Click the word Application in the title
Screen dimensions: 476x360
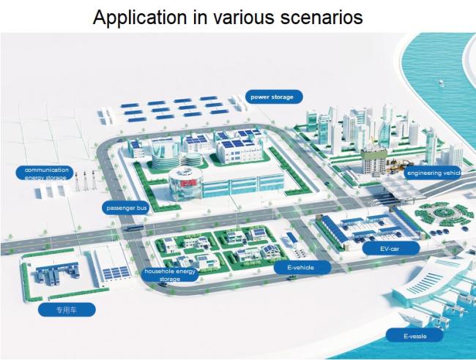click(140, 18)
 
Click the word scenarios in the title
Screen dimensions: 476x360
click(321, 18)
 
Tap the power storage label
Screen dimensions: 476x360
click(274, 97)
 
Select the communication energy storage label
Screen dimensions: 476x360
click(45, 173)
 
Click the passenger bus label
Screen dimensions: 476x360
click(126, 208)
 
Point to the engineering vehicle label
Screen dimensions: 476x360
click(432, 173)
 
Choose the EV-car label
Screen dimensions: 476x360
click(391, 248)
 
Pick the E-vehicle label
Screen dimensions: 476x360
click(302, 267)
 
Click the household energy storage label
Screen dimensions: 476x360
click(170, 274)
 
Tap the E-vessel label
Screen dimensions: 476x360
click(414, 335)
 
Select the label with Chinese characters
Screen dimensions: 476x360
click(67, 310)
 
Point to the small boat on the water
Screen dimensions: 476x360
click(441, 83)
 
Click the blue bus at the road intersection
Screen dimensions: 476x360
click(133, 227)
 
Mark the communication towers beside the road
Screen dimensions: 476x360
click(85, 181)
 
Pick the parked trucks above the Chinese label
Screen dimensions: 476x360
click(57, 275)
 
